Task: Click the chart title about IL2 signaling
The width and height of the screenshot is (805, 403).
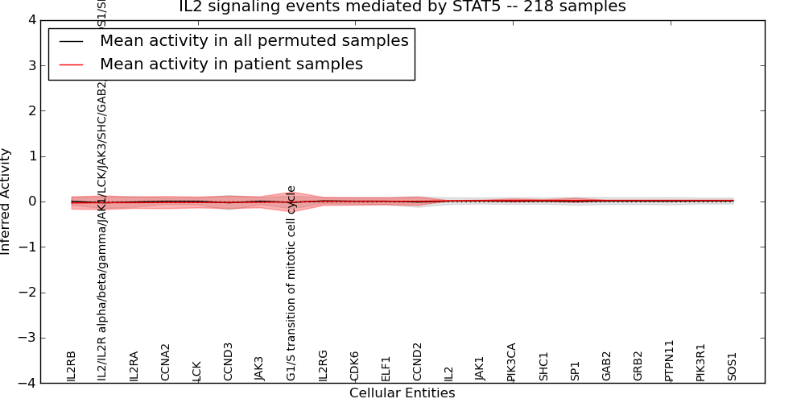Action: (402, 7)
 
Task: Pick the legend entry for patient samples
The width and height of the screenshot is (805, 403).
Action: (231, 64)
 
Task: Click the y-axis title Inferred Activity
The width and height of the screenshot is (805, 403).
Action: (6, 201)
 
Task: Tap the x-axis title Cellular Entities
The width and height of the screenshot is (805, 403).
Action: (402, 393)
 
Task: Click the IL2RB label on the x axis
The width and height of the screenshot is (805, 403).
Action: (72, 366)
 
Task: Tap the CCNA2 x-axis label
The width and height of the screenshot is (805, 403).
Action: (166, 363)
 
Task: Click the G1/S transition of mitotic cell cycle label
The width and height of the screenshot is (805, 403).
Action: (291, 283)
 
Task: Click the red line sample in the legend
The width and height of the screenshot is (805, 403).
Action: (71, 64)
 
